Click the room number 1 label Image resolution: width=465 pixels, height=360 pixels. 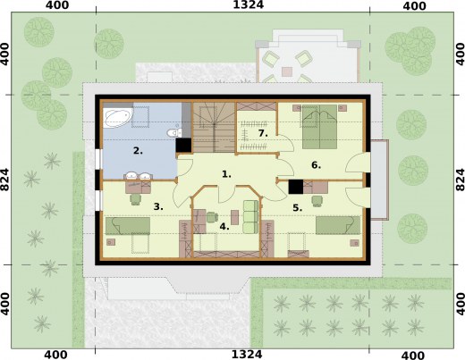[226, 174]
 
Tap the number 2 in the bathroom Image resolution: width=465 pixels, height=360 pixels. [138, 151]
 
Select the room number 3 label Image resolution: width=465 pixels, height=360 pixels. [158, 206]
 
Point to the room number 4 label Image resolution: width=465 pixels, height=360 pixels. [224, 227]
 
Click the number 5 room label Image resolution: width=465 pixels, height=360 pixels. [298, 208]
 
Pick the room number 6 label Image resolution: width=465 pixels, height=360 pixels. [316, 165]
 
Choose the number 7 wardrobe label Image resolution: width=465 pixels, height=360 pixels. [263, 133]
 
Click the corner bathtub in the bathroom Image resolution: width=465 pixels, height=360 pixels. [118, 118]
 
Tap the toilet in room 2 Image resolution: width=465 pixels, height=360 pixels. [174, 132]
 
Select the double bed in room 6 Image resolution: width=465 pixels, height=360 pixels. [320, 127]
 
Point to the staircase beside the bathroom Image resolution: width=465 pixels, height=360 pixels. [214, 128]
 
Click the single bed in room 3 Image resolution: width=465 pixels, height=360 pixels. [128, 226]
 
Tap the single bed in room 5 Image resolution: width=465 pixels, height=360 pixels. [338, 225]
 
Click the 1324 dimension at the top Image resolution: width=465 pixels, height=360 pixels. [248, 4]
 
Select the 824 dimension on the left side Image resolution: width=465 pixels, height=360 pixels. [4, 180]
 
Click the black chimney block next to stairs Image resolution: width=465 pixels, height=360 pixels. [183, 146]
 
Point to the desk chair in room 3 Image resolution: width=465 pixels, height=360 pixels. [136, 199]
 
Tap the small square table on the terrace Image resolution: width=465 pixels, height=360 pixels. [287, 71]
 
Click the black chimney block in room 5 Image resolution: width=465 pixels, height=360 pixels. [296, 187]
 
